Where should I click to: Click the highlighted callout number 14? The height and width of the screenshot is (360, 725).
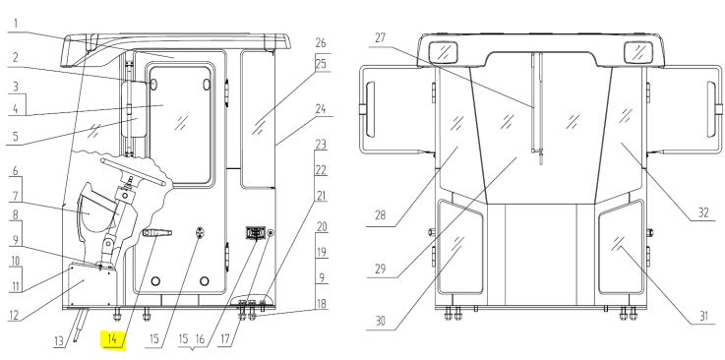pos(112,338)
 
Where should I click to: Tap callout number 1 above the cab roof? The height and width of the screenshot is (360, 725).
pos(16,23)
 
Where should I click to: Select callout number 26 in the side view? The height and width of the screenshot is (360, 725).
pos(321,43)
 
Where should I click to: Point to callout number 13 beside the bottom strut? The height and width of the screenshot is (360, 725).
pos(59,341)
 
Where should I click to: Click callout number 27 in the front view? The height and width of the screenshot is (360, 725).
pos(380,38)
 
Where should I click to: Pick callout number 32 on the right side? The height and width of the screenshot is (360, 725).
pos(703,212)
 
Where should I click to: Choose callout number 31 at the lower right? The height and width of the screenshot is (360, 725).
pos(703,316)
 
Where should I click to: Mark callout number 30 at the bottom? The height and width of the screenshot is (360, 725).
pos(380,321)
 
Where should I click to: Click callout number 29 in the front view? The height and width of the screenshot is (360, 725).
pos(380,269)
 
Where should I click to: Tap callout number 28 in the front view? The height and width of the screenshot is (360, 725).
pos(380,215)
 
